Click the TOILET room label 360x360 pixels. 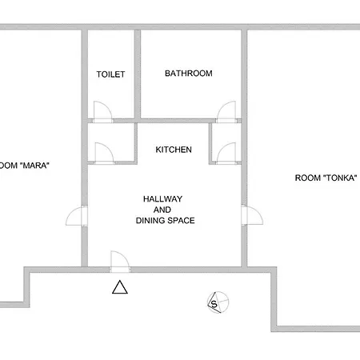(110, 74)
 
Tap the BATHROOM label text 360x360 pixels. (189, 74)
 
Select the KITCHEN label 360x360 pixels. (174, 150)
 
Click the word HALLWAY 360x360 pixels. (162, 199)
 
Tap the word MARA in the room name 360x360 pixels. (34, 166)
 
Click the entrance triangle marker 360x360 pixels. (120, 287)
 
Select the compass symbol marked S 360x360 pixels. (218, 302)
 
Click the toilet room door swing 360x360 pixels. (102, 112)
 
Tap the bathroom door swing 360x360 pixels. (226, 112)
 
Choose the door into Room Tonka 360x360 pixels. (252, 215)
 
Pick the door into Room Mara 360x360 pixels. (77, 215)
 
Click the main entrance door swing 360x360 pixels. (120, 262)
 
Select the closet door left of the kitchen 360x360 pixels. (104, 154)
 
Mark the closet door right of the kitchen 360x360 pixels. (226, 154)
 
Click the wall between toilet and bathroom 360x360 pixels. (138, 74)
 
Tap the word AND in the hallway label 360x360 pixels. (162, 210)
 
